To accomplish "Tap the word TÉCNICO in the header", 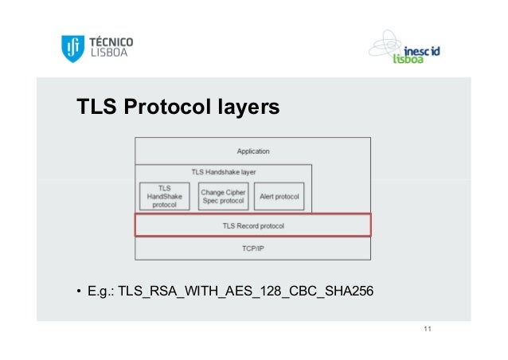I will tap(111, 42).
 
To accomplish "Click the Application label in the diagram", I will tap(253, 151).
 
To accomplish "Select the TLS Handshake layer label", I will tap(223, 171).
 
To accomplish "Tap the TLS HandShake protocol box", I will tap(165, 196).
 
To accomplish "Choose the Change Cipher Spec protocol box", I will tap(223, 196).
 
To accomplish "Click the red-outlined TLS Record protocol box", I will tap(253, 225).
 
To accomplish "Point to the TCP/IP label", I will tap(253, 248).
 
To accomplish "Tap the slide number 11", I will tap(428, 330).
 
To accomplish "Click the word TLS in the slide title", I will tap(94, 107).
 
